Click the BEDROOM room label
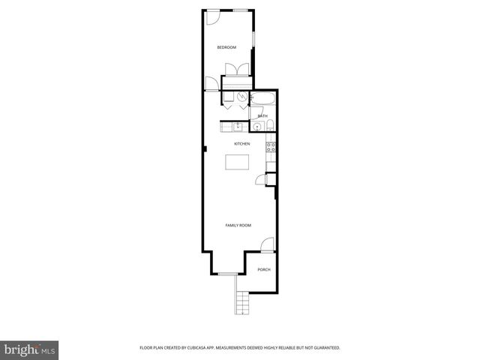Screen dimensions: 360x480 point(226,47)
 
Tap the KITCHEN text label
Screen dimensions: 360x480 point(241,144)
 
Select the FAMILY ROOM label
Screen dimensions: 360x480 point(238,225)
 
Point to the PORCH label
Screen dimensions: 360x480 point(263,270)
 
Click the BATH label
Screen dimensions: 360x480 point(262,116)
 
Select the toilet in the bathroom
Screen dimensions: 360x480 point(271,125)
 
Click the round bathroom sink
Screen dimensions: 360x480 point(258,127)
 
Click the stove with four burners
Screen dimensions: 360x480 point(271,146)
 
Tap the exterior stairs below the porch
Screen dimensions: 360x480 point(241,301)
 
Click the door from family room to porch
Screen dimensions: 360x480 point(267,244)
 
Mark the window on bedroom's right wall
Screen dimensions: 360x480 point(253,37)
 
